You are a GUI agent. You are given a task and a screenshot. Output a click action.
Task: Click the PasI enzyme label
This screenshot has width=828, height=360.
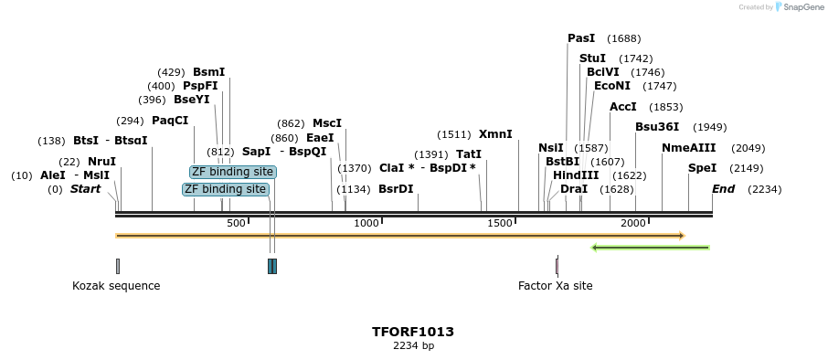(581, 38)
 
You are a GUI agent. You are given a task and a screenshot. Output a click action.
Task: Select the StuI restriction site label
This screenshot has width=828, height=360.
(592, 58)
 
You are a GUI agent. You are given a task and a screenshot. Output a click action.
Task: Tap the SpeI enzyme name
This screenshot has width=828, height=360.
(702, 168)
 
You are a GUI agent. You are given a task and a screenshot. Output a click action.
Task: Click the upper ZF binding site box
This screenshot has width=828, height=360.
(232, 172)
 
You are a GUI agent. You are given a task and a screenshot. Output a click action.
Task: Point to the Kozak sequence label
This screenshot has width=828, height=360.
(116, 286)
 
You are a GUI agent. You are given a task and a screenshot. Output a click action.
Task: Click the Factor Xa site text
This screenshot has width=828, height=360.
(555, 286)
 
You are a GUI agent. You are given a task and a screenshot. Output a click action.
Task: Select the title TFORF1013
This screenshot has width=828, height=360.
(413, 332)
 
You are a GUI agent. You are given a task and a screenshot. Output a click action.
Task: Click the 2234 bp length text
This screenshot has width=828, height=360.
(413, 345)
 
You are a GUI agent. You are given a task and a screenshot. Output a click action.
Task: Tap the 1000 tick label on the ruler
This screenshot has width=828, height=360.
(366, 224)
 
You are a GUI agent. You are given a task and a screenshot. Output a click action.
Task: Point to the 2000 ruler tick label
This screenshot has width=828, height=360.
(633, 224)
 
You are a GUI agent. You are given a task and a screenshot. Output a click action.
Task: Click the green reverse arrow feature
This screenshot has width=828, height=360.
(650, 248)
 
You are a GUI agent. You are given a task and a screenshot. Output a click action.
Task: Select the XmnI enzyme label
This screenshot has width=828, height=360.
(495, 134)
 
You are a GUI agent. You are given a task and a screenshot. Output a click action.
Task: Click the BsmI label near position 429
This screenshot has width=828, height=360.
(208, 72)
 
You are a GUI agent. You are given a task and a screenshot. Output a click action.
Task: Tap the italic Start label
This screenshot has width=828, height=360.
(85, 189)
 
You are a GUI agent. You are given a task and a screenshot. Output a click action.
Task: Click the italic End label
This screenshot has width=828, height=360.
(723, 189)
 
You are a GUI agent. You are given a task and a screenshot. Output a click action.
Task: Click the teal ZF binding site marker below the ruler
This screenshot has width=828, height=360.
(271, 266)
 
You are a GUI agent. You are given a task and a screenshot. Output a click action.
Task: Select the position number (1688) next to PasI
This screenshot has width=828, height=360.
(623, 38)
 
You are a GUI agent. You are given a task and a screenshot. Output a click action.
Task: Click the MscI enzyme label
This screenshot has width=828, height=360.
(326, 123)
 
